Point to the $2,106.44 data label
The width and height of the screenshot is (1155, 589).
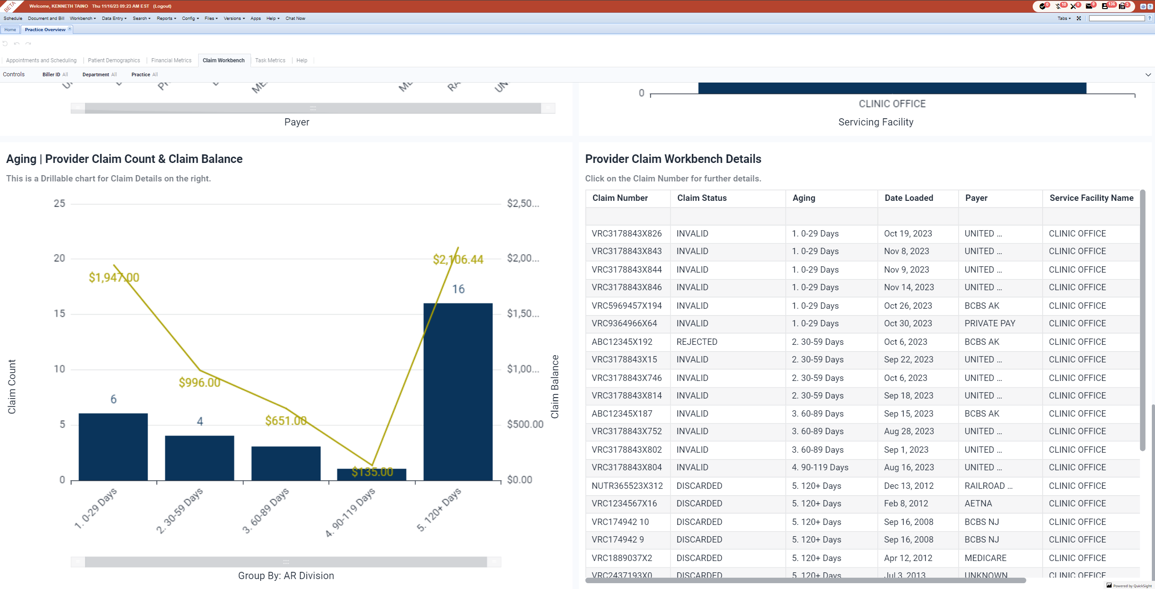click(x=458, y=260)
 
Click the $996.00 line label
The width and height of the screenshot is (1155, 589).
click(x=199, y=383)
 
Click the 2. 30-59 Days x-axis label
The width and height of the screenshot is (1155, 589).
click(x=180, y=510)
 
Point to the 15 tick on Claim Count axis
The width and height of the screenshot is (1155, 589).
click(x=60, y=314)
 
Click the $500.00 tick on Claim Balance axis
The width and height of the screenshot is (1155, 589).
click(x=525, y=424)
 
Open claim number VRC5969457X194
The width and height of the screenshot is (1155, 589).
click(x=626, y=306)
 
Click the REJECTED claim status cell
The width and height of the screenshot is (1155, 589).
click(x=696, y=342)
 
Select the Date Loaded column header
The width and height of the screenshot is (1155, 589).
click(x=909, y=198)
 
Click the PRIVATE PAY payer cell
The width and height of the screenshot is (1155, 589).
click(x=989, y=323)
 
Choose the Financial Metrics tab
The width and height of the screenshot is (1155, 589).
click(x=171, y=60)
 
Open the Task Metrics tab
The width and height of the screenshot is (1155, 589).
click(x=270, y=60)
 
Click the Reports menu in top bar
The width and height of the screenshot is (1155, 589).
click(x=166, y=19)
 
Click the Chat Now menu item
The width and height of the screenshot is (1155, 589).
click(x=295, y=19)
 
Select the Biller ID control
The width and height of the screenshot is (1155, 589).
click(x=55, y=74)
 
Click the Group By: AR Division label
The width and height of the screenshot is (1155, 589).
click(x=286, y=576)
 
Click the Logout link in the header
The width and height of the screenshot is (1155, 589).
click(x=162, y=6)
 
